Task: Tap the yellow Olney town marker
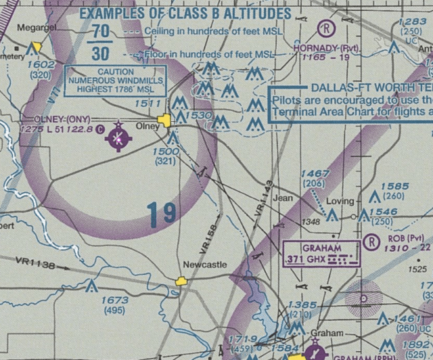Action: coord(164,121)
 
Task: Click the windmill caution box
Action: coord(115,80)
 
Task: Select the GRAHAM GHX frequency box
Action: coord(321,254)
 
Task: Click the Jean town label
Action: coord(282,199)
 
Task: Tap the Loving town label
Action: coord(340,202)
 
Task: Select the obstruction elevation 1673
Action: coord(113,300)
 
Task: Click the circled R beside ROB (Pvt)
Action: coord(371,242)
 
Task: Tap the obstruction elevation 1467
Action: coord(316,174)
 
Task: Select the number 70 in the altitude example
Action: coord(101,31)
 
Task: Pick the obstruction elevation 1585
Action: coord(395,187)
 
